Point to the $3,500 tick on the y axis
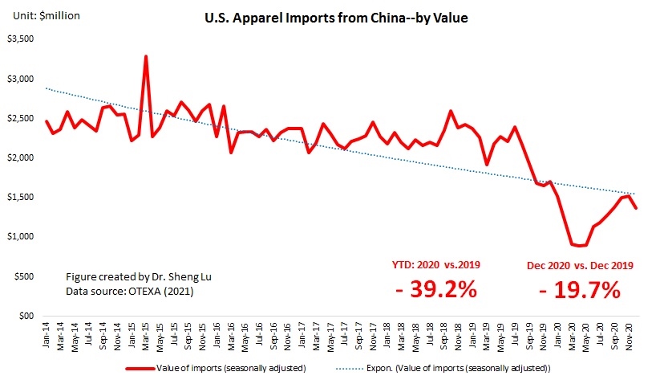click(21, 39)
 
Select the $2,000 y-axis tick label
click(21, 157)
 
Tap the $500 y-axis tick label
click(23, 276)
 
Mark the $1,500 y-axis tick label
click(21, 197)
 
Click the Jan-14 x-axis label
click(46, 334)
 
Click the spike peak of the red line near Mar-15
click(146, 56)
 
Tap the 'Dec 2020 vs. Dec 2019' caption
click(580, 263)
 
